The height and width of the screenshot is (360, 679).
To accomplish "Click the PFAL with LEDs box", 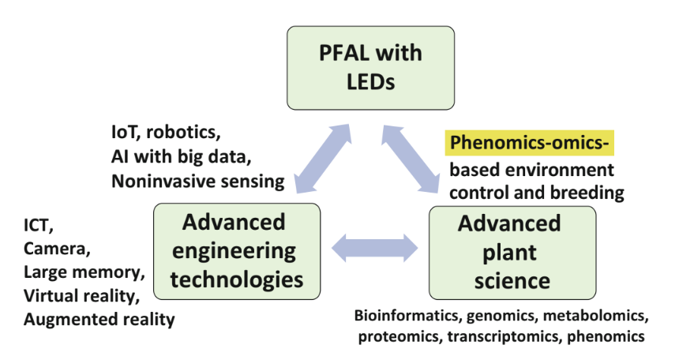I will (x=370, y=68).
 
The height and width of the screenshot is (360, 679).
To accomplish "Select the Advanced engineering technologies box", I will (x=237, y=252).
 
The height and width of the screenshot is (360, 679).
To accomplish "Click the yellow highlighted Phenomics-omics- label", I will (x=529, y=144).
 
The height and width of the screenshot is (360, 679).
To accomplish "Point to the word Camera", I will (x=56, y=250).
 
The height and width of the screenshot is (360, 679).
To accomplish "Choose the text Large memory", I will (x=84, y=273).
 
